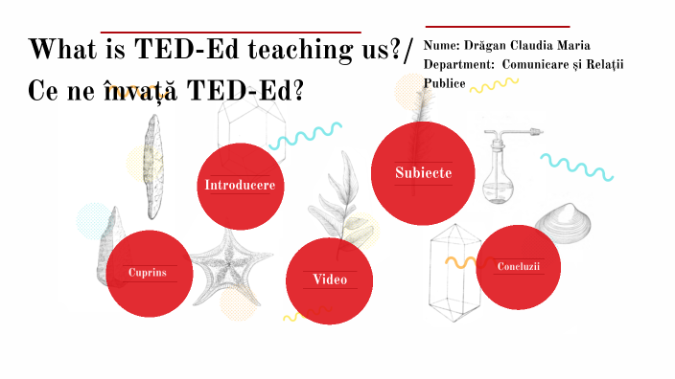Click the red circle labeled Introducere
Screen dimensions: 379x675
(x=240, y=185)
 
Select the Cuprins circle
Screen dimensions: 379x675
(x=149, y=273)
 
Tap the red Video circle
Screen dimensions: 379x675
(x=330, y=279)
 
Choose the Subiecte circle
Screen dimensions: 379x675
(x=423, y=172)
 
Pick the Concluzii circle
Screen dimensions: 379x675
(x=519, y=266)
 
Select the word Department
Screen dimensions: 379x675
(x=455, y=64)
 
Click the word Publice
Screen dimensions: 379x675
(x=445, y=83)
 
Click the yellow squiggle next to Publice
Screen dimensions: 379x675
(x=494, y=85)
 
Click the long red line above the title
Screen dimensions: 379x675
(x=230, y=32)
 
